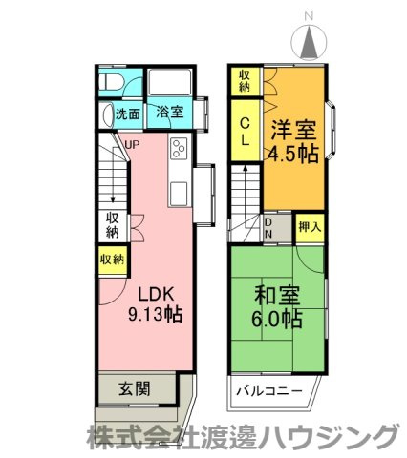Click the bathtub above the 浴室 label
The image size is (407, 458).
coord(169,83)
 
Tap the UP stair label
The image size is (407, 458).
coord(132,145)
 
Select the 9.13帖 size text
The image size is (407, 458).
coord(155,313)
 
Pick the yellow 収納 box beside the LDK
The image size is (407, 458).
coord(111,259)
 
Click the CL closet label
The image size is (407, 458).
coord(245,132)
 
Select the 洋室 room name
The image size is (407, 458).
coord(293,131)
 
